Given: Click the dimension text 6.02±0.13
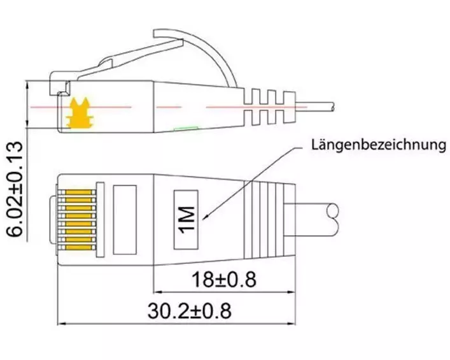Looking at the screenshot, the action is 15,189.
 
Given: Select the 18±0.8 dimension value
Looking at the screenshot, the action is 223,280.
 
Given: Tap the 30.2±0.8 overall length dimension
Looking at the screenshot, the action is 190,310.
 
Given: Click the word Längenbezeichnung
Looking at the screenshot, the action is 379,145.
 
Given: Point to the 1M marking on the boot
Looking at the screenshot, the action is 186,220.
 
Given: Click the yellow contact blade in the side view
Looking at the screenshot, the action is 78,112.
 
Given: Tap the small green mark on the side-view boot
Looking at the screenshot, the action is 186,128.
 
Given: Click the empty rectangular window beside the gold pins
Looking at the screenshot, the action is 125,220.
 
